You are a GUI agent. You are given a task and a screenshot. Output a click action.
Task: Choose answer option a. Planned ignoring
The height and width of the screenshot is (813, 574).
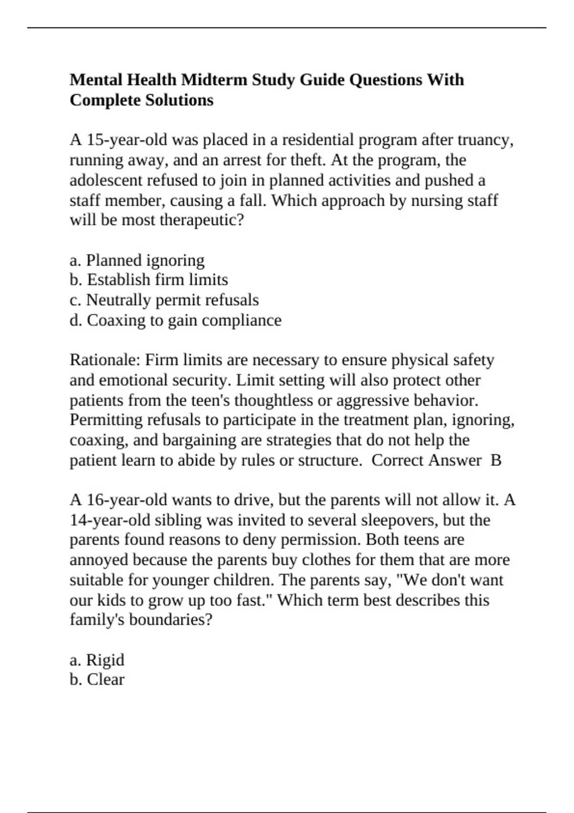coord(137,260)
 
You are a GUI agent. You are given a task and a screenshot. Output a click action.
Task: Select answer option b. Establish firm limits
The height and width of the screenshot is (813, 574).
coord(148,280)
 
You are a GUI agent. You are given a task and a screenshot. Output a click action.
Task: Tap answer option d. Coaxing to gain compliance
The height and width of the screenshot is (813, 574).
coord(175,320)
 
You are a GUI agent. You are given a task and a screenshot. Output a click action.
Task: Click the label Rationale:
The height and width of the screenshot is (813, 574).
coord(105,360)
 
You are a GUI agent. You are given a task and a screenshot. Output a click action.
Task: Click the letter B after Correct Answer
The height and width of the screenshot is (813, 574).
coord(496,460)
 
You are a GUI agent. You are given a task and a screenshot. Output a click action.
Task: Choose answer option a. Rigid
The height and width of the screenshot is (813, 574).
coord(97,660)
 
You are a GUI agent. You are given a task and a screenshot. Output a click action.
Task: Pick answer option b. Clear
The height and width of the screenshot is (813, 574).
coord(97,680)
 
